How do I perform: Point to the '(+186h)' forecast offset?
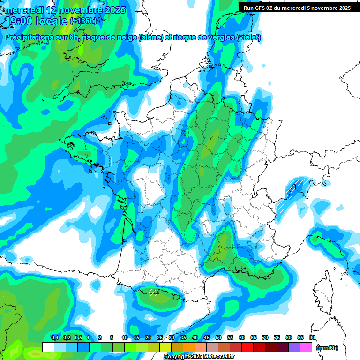coord(83,21)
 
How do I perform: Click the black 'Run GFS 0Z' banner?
coord(297,7)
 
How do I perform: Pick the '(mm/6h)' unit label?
coord(327,348)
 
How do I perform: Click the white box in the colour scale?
coord(48,347)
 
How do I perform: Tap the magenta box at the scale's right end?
coord(307,347)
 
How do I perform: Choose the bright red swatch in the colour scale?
coord(247,347)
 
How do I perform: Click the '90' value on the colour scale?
coord(312,337)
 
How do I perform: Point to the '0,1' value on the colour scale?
coord(54,337)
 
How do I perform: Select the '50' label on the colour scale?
coord(218,337)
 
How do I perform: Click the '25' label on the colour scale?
coord(160,337)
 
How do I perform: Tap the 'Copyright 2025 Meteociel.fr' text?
coord(199,357)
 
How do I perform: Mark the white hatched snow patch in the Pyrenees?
coord(153,292)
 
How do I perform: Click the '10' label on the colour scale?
coord(125,337)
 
